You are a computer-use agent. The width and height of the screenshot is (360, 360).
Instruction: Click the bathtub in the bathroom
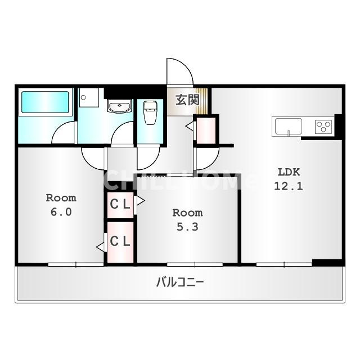(45, 102)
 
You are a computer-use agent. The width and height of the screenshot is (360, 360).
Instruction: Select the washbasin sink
(120, 106)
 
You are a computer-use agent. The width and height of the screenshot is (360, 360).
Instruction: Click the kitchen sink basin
(289, 126)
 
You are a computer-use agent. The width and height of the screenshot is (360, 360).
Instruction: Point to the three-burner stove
(323, 127)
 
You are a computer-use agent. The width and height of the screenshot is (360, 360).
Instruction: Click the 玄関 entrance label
(187, 100)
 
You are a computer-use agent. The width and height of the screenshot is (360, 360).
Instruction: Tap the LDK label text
(289, 172)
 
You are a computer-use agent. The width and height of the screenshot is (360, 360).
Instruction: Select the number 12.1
(289, 186)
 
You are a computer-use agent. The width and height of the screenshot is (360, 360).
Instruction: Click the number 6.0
(61, 211)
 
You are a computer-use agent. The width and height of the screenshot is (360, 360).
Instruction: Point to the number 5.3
(187, 227)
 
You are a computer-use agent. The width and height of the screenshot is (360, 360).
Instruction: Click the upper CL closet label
(120, 204)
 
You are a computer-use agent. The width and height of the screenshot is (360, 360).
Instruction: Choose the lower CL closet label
(120, 241)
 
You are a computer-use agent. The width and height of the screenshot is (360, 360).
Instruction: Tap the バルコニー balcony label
(180, 282)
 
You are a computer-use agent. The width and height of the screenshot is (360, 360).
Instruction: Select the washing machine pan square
(89, 97)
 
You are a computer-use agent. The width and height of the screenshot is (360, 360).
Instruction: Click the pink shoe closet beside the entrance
(206, 130)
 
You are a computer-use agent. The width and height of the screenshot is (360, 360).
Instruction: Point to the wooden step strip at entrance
(201, 101)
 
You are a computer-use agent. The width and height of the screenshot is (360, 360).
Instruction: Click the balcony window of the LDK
(284, 264)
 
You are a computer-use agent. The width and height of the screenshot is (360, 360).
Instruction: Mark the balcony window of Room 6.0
(76, 264)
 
